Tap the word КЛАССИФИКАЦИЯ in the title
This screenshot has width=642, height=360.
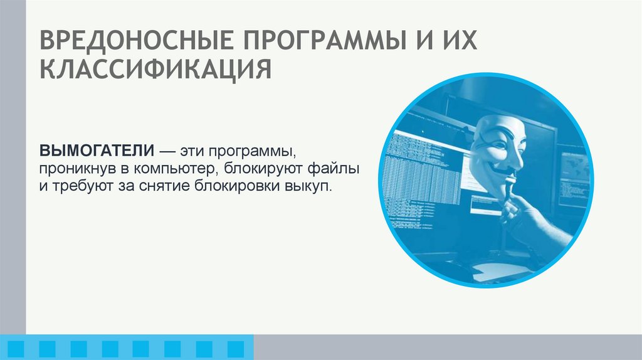coord(155,70)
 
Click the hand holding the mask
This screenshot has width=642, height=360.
coord(533,220)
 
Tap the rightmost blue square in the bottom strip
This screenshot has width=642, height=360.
coord(236,347)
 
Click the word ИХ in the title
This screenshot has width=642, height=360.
coord(455,42)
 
